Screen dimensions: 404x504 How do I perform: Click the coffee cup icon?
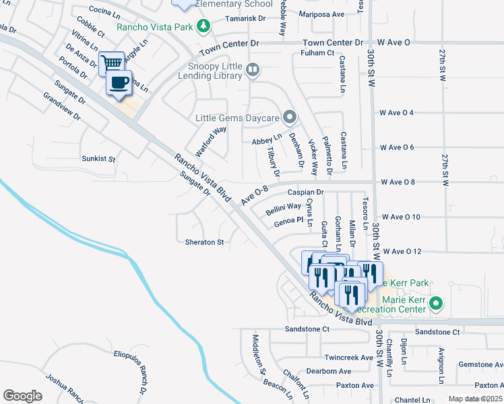pos(119,83)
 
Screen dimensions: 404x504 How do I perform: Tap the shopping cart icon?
pos(112,64)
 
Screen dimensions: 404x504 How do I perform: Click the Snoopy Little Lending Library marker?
pos(252,69)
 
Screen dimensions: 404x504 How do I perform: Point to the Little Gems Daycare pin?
pos(290,118)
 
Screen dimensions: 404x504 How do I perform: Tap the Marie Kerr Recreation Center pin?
pos(435,304)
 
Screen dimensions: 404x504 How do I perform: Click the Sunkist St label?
pos(98,160)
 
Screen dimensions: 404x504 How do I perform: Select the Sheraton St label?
pos(205,242)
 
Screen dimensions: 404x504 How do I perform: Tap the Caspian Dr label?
pos(306,193)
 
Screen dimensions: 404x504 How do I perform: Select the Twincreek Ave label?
pos(348,358)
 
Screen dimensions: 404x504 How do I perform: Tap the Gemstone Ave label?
pos(480,364)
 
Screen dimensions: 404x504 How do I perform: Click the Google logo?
pos(22,396)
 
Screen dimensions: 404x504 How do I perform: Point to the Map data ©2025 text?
pos(475,399)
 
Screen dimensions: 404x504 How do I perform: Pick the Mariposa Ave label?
pos(322,14)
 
